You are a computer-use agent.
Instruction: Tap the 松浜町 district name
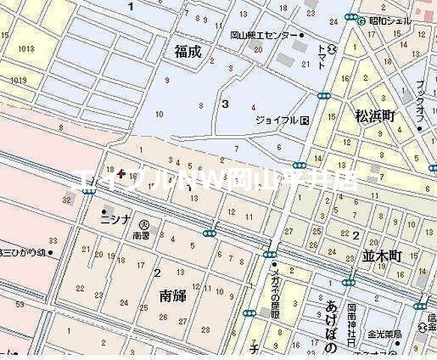tap(375, 115)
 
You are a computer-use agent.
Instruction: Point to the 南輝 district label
tap(172, 295)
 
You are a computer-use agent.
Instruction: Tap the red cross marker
tap(123, 175)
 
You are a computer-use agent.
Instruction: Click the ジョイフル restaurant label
tap(277, 120)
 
